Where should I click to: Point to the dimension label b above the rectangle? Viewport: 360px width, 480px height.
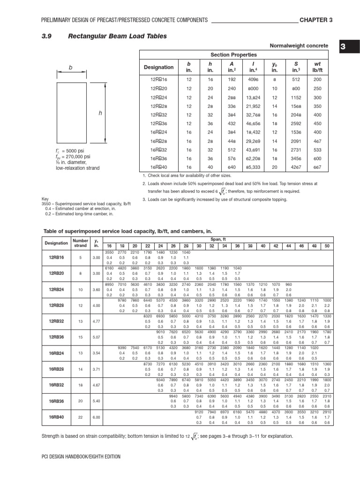tap(71, 67)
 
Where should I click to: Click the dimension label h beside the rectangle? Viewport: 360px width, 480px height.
tap(99, 113)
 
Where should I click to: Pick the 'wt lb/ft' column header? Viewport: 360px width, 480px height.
tap(317, 67)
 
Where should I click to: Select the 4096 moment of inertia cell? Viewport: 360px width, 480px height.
tap(254, 80)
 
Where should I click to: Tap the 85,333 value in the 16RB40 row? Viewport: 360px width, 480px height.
tap(254, 167)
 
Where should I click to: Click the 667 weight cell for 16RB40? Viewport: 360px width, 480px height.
tap(317, 167)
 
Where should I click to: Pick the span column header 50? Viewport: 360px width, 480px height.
tap(327, 246)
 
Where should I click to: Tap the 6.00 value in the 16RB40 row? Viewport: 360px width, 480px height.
tap(97, 417)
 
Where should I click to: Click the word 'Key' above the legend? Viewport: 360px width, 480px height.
tap(45, 199)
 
